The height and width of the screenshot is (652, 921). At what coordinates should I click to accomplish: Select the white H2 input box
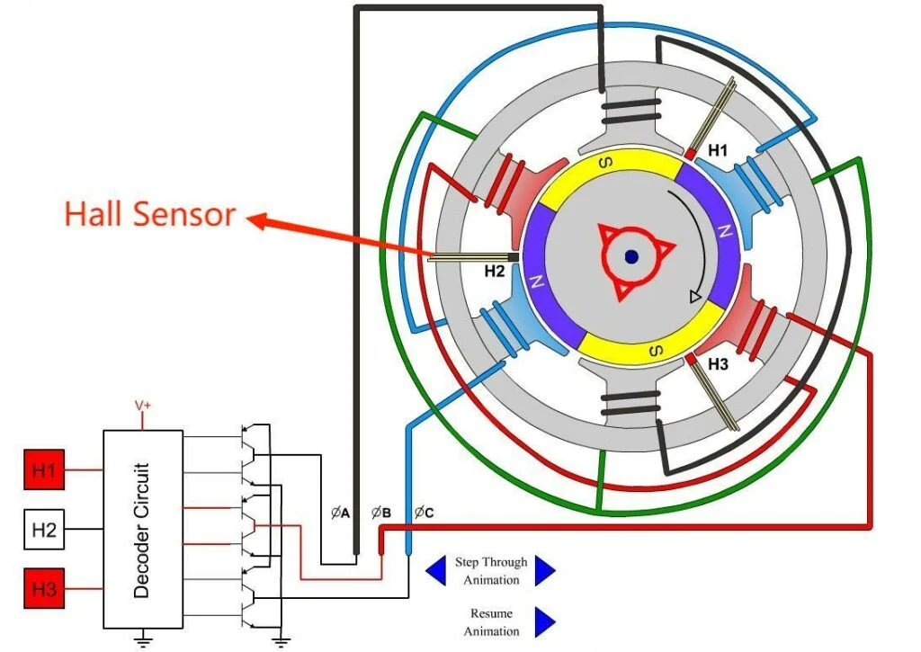click(x=43, y=530)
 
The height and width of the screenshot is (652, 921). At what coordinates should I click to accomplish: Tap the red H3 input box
click(x=43, y=590)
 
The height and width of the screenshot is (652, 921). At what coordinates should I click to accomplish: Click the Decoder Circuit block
click(x=141, y=530)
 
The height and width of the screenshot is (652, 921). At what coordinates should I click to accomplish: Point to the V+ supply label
click(x=142, y=406)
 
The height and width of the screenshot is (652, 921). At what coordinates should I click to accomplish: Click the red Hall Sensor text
click(x=149, y=214)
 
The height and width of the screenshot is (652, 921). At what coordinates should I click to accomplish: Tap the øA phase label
click(x=340, y=514)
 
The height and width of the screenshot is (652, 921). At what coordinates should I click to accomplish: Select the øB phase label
click(x=380, y=514)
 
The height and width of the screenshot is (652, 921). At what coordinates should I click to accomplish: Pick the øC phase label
click(x=423, y=514)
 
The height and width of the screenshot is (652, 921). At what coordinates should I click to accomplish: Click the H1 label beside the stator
click(x=717, y=151)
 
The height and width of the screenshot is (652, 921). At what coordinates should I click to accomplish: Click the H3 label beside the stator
click(x=718, y=364)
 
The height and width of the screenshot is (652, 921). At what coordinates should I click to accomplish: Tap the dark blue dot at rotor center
click(x=631, y=256)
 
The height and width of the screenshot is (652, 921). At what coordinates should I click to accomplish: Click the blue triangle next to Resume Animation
click(x=545, y=621)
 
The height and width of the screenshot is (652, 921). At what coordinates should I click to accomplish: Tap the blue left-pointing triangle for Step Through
click(x=435, y=569)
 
